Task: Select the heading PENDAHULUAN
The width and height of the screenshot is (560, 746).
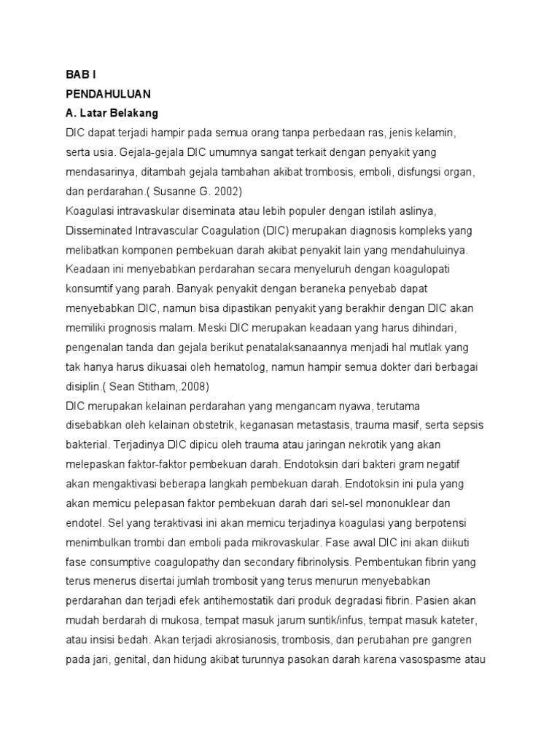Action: coord(108,94)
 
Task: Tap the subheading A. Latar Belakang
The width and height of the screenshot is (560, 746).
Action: coord(112,114)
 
